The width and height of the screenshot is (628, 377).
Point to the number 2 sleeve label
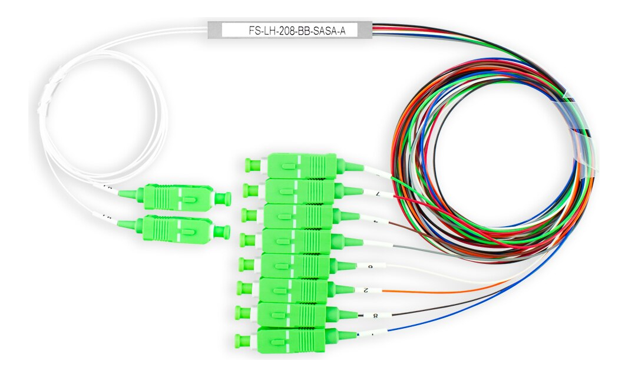(366, 290)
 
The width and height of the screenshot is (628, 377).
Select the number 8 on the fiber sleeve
(375, 316)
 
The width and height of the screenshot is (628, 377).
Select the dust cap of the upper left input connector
(222, 197)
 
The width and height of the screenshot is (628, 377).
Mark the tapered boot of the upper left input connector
(127, 193)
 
